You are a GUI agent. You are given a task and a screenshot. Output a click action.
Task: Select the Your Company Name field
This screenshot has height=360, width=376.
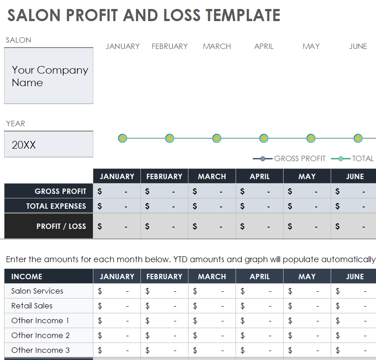click(x=48, y=76)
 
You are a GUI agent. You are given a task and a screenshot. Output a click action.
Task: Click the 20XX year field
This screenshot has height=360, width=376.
click(x=48, y=145)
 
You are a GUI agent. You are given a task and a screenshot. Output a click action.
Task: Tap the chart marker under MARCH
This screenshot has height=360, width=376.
click(x=217, y=138)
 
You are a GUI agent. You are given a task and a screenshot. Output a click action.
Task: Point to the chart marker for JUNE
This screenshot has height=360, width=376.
click(x=358, y=138)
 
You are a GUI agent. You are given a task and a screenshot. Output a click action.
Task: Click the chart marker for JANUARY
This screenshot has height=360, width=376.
click(x=122, y=138)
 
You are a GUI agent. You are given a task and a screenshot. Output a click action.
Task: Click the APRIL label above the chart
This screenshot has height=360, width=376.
click(x=264, y=46)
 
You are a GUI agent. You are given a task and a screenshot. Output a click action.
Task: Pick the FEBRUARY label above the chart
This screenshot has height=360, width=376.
click(x=170, y=46)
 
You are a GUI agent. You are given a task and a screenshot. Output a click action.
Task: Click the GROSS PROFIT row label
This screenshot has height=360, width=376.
click(x=60, y=191)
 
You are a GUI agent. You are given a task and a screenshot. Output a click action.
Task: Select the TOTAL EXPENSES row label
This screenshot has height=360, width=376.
click(x=56, y=206)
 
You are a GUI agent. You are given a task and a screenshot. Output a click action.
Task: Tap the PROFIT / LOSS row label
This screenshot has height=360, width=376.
click(x=61, y=226)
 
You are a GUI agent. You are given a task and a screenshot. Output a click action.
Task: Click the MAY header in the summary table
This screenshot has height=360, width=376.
click(x=307, y=176)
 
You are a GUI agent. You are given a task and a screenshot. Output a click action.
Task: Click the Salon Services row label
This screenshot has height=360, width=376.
click(x=37, y=291)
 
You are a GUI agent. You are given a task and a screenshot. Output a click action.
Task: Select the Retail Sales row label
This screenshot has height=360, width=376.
click(x=32, y=306)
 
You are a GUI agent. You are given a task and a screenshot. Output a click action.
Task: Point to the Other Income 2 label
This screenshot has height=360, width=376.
click(x=40, y=335)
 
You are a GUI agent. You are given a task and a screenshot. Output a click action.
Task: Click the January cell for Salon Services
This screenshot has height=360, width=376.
click(x=117, y=291)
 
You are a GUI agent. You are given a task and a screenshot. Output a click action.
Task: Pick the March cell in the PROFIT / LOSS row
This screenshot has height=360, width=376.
click(x=212, y=226)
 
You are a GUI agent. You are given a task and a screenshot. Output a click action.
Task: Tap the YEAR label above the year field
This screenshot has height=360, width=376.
click(x=16, y=123)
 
